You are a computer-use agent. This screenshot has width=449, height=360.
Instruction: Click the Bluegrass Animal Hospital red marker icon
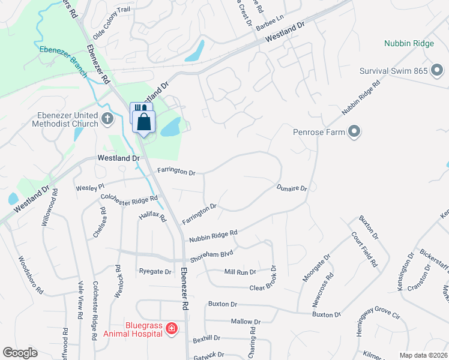[171, 328]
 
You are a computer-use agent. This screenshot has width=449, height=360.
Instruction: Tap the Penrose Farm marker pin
[354, 131]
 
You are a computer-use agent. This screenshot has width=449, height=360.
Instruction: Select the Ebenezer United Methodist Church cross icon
[107, 118]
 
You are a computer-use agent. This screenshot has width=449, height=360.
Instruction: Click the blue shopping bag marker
[145, 122]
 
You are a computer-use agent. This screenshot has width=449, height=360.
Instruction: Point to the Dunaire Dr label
[292, 188]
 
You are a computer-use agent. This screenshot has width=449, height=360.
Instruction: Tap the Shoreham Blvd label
[211, 256]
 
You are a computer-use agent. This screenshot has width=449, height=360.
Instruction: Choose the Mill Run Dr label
[240, 272]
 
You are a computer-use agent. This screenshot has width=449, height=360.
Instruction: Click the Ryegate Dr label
[155, 272]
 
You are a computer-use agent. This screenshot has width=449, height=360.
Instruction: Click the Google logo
[20, 353]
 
